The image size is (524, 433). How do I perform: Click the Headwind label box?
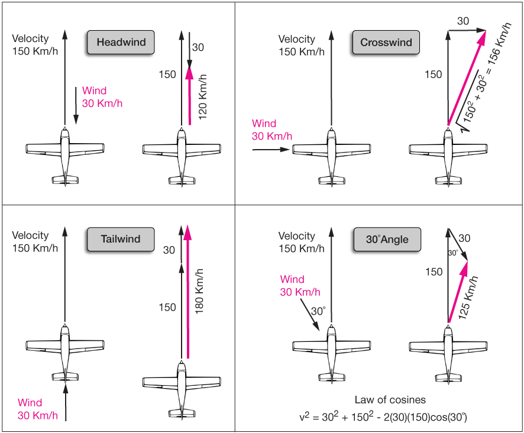click(x=121, y=43)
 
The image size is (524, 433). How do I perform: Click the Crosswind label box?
click(x=386, y=43)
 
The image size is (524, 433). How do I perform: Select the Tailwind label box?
click(x=120, y=240)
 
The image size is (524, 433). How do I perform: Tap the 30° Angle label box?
click(x=387, y=240)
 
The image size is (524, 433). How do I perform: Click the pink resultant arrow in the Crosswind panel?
click(x=467, y=77)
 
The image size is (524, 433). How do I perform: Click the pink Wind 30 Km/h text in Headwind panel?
click(x=102, y=97)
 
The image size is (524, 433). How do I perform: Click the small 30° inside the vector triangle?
click(x=452, y=253)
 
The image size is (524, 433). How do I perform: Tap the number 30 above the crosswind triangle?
click(x=463, y=20)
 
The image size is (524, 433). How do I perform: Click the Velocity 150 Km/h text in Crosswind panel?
click(x=301, y=45)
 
